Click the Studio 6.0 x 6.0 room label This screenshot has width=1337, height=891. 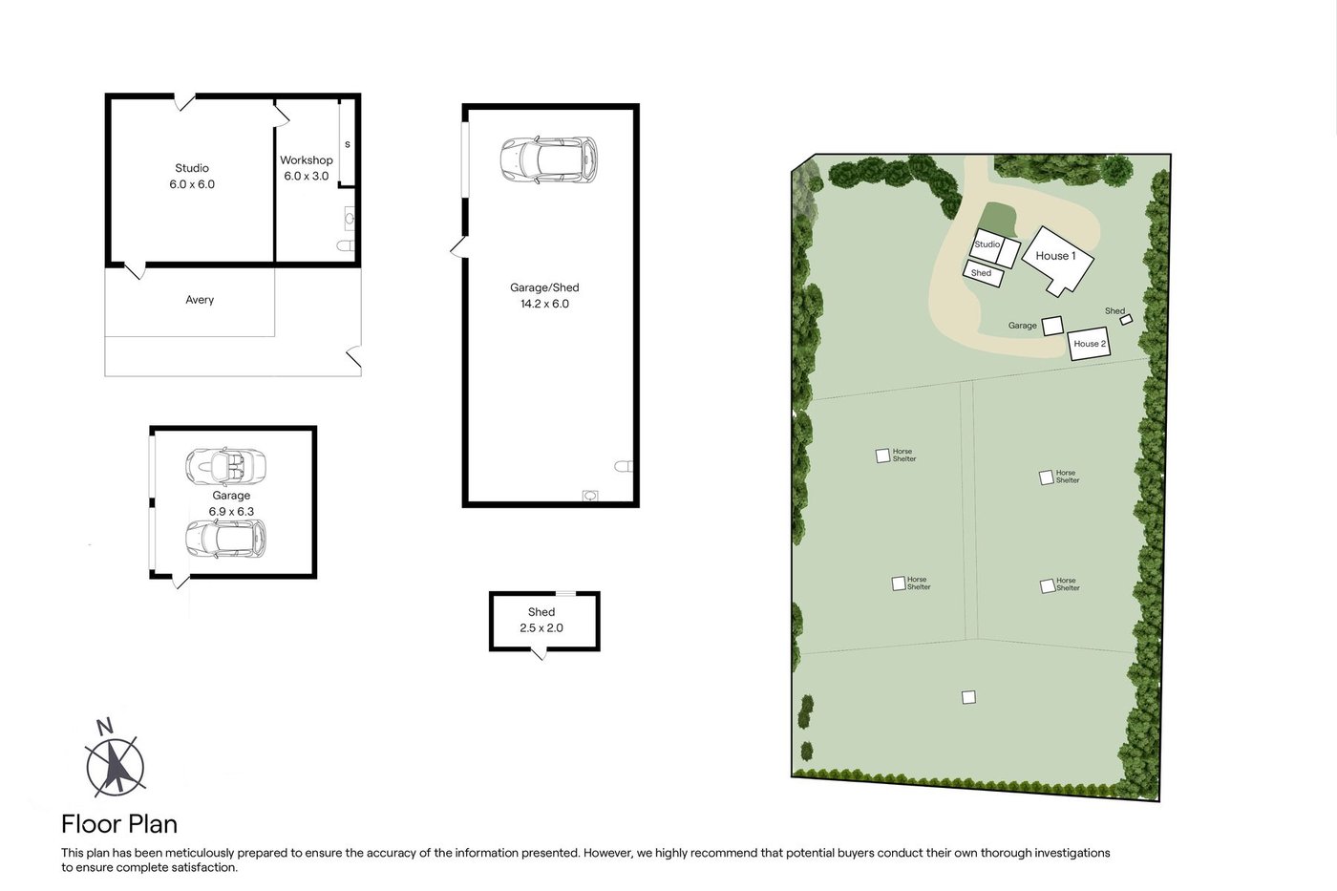192,176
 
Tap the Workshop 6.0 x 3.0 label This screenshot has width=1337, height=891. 307,168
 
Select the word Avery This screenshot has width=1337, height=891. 200,300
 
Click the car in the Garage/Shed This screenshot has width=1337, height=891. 548,159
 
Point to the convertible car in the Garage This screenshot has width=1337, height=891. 225,467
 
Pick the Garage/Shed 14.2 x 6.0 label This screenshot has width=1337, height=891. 544,295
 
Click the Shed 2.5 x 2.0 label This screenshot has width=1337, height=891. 541,620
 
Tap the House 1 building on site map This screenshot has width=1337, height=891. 1057,260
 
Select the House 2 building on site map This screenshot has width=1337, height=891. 1090,343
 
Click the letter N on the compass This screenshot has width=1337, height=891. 105,727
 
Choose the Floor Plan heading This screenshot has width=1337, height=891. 119,824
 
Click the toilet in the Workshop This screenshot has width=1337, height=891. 346,245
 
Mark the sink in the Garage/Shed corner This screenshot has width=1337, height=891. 590,496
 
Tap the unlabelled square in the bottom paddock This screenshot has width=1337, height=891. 968,697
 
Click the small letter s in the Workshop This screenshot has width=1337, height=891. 348,144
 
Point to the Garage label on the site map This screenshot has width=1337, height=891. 1023,326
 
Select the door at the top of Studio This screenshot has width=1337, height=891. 184,102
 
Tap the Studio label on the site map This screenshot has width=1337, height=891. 987,244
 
